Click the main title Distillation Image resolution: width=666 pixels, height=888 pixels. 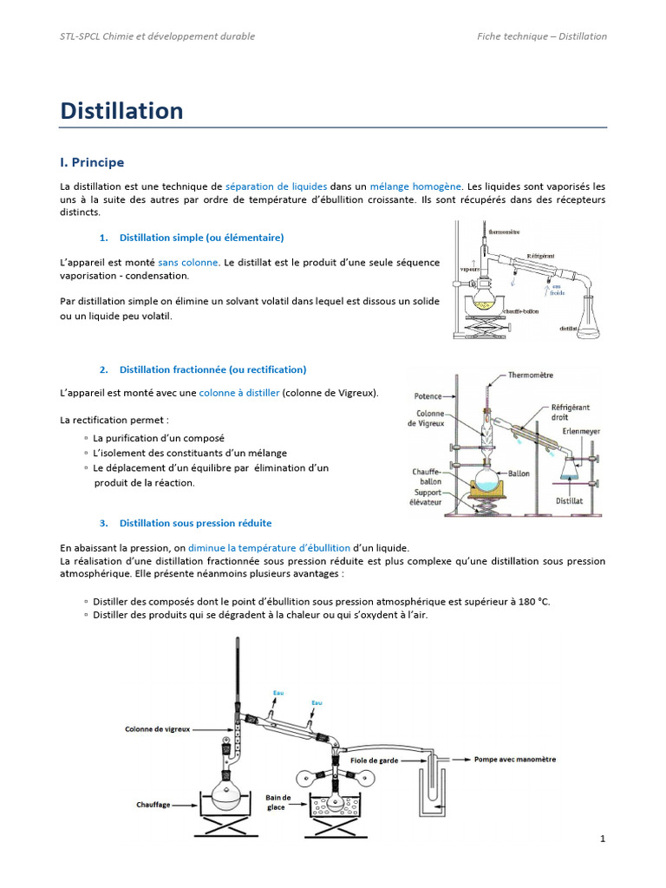(x=121, y=111)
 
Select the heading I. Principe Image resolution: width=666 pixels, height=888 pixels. (x=92, y=162)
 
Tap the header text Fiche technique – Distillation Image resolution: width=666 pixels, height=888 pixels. (x=542, y=36)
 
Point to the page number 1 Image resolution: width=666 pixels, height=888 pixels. (x=601, y=839)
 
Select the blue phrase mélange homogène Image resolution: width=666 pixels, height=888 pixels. (x=415, y=186)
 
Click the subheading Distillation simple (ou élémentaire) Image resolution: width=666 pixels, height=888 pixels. (x=202, y=237)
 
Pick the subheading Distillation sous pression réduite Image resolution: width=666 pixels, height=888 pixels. (x=195, y=523)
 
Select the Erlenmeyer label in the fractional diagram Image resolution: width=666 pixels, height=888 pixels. (x=580, y=431)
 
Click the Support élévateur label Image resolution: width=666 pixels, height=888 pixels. (x=426, y=497)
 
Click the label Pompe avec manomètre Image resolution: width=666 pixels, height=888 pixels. (x=515, y=760)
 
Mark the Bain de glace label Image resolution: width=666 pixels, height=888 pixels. (x=278, y=802)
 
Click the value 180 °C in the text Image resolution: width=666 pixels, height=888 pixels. (x=532, y=601)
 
